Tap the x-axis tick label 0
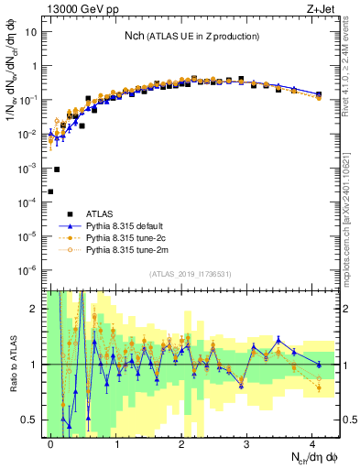pos(51,441)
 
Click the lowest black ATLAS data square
pos(50,191)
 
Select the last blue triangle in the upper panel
pos(318,93)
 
